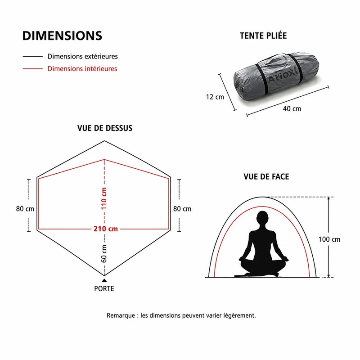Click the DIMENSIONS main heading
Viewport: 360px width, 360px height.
tap(62, 36)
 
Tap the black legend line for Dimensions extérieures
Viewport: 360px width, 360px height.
tap(32, 56)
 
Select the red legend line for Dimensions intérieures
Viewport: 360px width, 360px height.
tap(32, 69)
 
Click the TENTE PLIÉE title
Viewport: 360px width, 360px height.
tap(263, 36)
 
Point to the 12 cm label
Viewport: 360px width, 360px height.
tap(215, 97)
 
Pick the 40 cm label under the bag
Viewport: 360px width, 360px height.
tap(292, 108)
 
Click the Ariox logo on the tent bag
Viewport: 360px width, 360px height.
tap(283, 76)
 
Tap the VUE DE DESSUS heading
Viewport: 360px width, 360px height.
tap(105, 128)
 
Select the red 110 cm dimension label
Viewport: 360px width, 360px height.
tap(104, 198)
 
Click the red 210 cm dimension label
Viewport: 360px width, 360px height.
tap(106, 229)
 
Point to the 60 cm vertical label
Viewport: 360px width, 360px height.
tap(104, 253)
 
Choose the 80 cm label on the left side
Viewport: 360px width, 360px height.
tap(25, 209)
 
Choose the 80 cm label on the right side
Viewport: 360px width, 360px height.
tap(182, 209)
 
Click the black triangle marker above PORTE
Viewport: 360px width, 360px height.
tap(104, 280)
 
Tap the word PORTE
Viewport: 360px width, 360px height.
tap(104, 288)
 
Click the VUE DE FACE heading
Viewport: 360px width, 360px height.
tap(266, 176)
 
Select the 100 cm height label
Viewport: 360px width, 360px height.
tap(329, 239)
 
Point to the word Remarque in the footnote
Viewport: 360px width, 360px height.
tap(121, 315)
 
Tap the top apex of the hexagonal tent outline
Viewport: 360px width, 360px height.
tap(104, 141)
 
